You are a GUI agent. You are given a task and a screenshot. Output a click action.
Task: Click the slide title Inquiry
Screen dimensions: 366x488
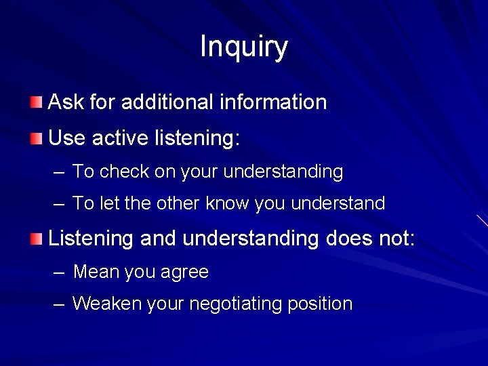click(244, 47)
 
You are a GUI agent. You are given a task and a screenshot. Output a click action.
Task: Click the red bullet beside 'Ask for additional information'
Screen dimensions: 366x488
click(36, 103)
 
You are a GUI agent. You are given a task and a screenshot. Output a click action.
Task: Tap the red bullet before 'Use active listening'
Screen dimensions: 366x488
click(36, 139)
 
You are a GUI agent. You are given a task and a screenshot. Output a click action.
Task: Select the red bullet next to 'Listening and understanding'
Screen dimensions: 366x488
click(36, 238)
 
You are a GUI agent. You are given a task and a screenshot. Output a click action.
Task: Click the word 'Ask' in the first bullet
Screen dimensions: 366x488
click(65, 102)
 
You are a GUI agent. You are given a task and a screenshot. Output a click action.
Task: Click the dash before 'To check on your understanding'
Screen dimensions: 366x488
click(60, 172)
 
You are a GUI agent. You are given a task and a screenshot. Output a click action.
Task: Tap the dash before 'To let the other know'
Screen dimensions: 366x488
click(60, 204)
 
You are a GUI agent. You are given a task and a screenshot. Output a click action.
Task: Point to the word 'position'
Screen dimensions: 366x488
click(320, 304)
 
